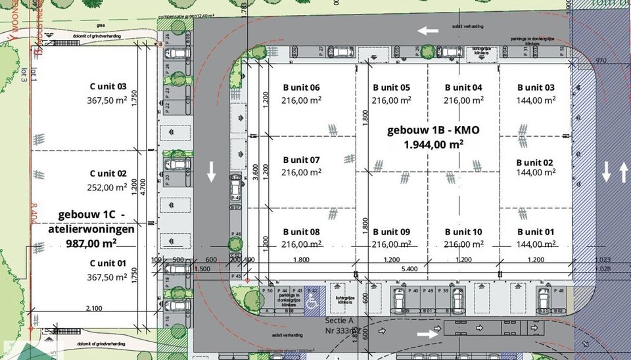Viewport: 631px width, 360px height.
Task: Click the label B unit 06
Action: (x=301, y=87)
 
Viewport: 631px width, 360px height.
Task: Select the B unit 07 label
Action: (x=301, y=160)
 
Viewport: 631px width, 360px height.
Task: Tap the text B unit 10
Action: (x=463, y=232)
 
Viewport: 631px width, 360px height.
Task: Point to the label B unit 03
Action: (x=536, y=87)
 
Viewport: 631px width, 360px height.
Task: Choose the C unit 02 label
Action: (x=108, y=174)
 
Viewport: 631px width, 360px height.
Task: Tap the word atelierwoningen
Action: (x=91, y=229)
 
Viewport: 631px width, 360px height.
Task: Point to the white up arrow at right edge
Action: (x=622, y=172)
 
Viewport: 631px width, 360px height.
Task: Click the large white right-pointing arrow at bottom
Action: (x=428, y=334)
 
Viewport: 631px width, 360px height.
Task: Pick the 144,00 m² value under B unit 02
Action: (x=534, y=173)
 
